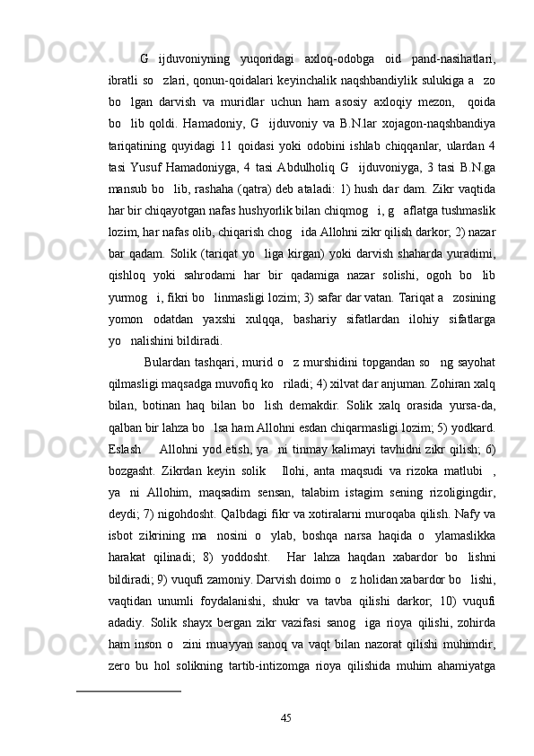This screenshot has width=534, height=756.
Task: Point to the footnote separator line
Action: (x=129, y=691)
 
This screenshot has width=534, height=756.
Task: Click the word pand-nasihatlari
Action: (x=452, y=59)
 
